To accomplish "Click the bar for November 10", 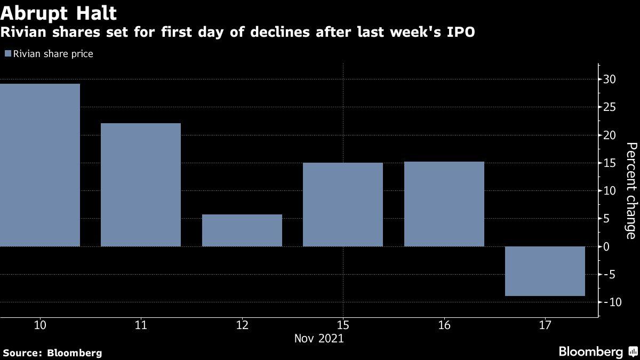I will tap(40, 165).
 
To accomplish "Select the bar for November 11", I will tap(141, 185).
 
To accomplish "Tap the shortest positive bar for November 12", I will tap(242, 230).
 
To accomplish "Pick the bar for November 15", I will tap(343, 205).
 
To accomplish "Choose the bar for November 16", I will tap(444, 204).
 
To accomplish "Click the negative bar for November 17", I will tap(545, 271).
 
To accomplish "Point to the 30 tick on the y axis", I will tap(610, 79).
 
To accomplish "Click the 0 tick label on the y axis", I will tap(606, 246).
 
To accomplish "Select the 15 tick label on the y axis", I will tap(610, 163).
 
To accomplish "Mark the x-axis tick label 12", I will tap(242, 325).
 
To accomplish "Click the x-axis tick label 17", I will tap(545, 325).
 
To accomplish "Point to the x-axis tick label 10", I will tap(40, 325).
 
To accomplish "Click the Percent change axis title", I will tap(631, 190).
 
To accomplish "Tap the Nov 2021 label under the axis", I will tap(319, 339).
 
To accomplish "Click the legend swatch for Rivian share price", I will tap(7, 54).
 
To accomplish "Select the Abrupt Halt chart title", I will tap(59, 13).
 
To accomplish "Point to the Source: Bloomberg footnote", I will tap(52, 353).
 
